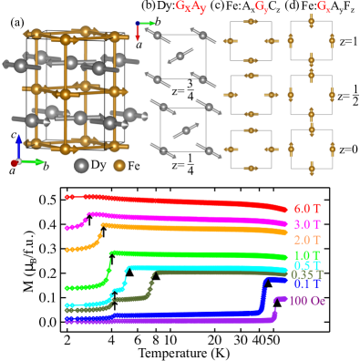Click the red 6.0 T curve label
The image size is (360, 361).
308,208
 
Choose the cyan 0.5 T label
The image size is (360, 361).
307,265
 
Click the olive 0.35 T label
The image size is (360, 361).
306,274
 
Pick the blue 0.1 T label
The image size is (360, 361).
307,284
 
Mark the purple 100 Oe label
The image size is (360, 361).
306,300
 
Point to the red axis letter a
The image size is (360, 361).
139,43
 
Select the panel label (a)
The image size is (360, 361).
17,22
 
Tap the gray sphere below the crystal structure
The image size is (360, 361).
81,165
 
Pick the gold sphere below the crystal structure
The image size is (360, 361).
119,165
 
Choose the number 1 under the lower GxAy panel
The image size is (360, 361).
189,158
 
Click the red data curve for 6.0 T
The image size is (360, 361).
182,200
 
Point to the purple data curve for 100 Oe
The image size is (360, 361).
182,319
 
